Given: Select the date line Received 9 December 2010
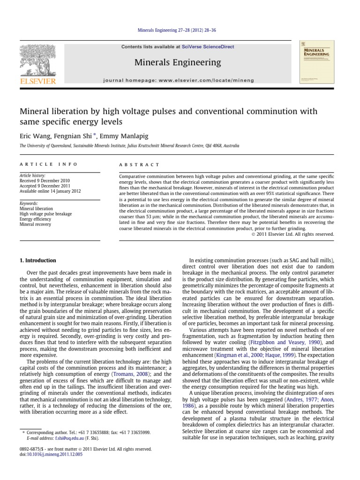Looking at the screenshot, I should coord(45,180).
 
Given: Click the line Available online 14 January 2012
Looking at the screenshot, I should coord(50,190).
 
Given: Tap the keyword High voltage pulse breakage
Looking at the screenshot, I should coord(45,214).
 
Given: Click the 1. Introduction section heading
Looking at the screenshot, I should coord(37,261).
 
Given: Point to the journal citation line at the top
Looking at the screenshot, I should coord(180,31).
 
